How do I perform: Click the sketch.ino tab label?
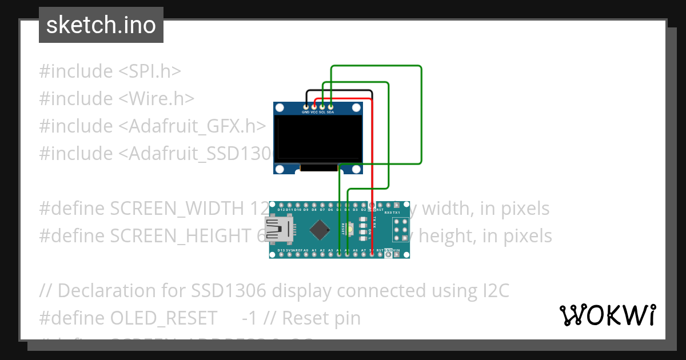tap(101, 25)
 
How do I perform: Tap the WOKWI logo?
tap(607, 315)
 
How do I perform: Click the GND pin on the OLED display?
tap(306, 106)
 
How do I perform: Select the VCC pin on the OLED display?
tap(314, 106)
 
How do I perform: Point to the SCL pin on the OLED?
tap(322, 106)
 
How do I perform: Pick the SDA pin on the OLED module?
tap(330, 106)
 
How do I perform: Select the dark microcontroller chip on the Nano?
tap(319, 230)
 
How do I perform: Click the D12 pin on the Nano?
tap(281, 205)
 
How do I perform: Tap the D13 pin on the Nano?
tap(281, 254)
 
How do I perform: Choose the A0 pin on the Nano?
tap(306, 254)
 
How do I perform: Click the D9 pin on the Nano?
tap(306, 205)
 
